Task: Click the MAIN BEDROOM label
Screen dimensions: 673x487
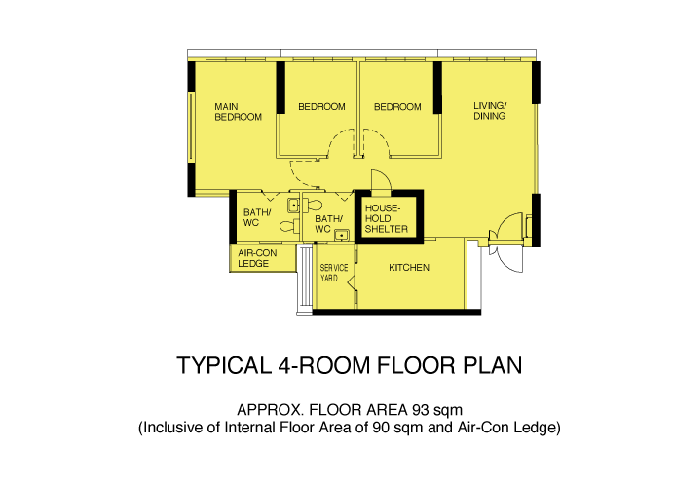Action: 239,112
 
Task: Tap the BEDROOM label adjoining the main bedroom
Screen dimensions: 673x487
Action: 322,106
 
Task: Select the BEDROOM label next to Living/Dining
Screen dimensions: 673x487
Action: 397,107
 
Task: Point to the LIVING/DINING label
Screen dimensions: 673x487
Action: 490,111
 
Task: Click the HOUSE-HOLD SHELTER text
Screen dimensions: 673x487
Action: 387,219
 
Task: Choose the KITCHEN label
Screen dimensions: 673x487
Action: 409,268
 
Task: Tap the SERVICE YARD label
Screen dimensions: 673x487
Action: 334,273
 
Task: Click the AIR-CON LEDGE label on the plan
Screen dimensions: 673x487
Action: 257,258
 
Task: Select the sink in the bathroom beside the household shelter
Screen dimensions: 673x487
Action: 342,235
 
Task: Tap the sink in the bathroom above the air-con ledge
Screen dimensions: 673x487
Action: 293,206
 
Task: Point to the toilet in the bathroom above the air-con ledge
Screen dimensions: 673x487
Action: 289,226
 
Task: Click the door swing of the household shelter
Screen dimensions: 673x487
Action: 382,179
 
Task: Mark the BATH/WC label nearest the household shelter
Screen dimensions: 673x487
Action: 329,224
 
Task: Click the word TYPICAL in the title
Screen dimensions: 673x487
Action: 224,365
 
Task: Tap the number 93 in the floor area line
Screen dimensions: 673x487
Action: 421,410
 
